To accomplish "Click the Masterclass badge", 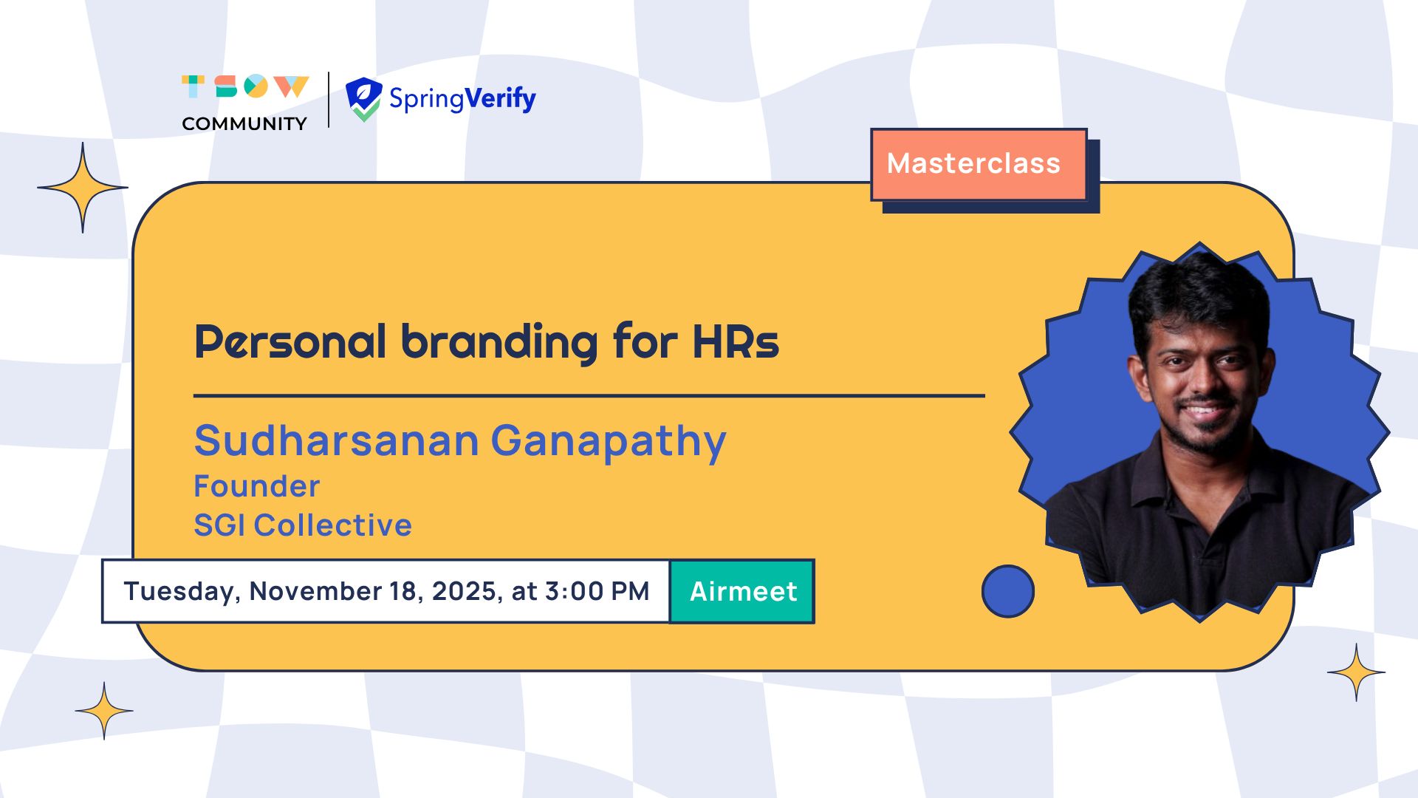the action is tap(979, 164).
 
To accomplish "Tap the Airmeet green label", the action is tap(742, 591).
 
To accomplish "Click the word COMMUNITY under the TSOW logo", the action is tap(244, 123).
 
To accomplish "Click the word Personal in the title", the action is tap(290, 342).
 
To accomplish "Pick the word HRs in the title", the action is tap(736, 342).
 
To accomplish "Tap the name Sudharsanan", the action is tap(337, 440).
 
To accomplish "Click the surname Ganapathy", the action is tap(609, 443).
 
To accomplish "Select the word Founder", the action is tap(257, 486).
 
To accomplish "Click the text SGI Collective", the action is tap(303, 525).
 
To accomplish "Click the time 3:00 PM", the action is tap(597, 591).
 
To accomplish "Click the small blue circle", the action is tap(1008, 591).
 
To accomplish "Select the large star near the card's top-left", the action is tap(83, 188).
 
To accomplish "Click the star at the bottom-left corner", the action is tap(104, 711).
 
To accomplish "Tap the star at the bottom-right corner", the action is tap(1356, 672).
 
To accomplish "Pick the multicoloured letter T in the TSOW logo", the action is tap(193, 86).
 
